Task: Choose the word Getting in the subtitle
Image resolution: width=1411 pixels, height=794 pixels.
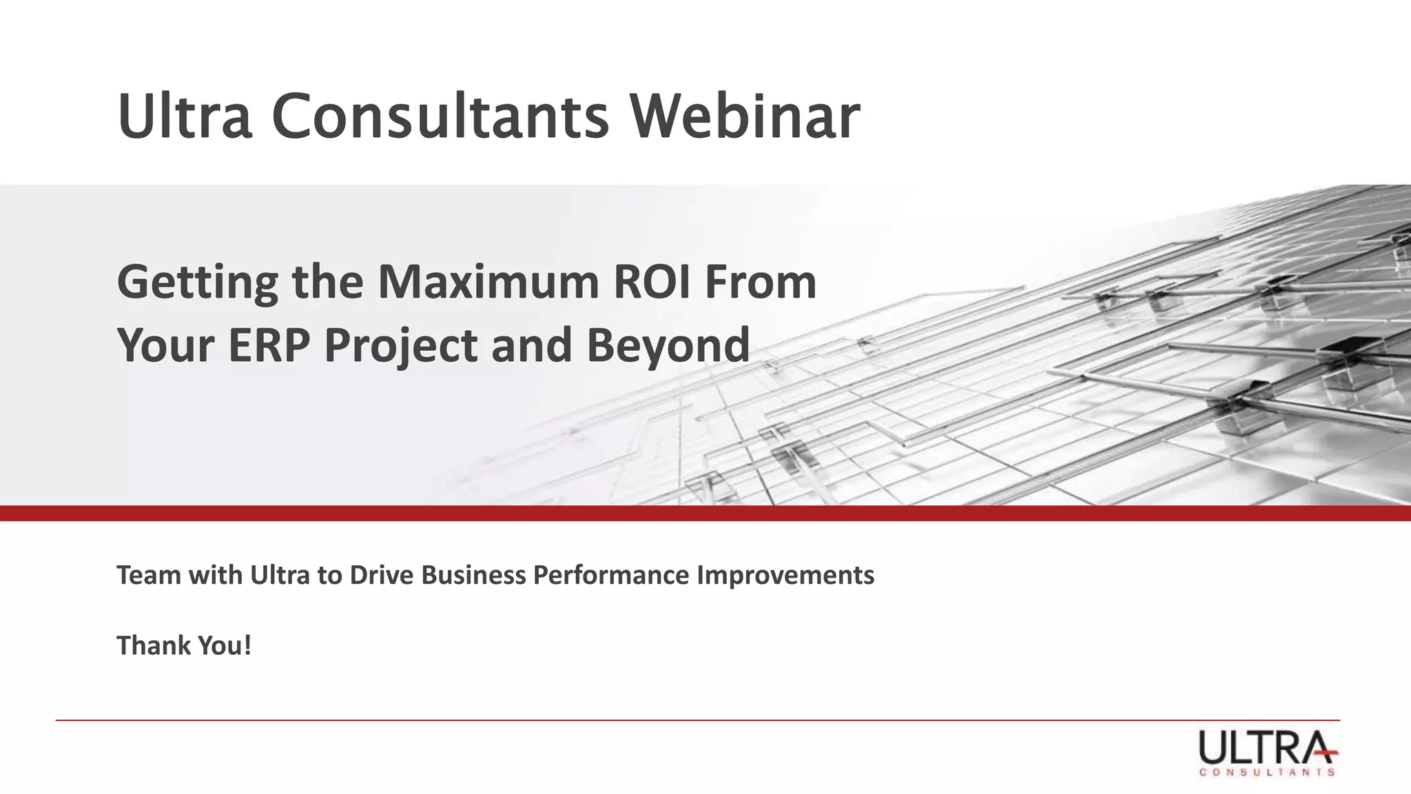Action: point(198,283)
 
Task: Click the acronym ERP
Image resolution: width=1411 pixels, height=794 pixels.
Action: point(268,344)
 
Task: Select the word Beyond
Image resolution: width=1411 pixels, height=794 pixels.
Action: point(668,345)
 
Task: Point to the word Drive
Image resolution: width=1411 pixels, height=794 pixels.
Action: point(382,575)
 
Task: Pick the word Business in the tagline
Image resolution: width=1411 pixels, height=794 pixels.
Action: point(473,575)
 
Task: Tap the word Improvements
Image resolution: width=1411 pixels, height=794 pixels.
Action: point(785,575)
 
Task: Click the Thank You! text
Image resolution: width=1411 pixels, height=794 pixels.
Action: point(184,646)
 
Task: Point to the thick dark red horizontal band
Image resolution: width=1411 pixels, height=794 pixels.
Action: point(705,513)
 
